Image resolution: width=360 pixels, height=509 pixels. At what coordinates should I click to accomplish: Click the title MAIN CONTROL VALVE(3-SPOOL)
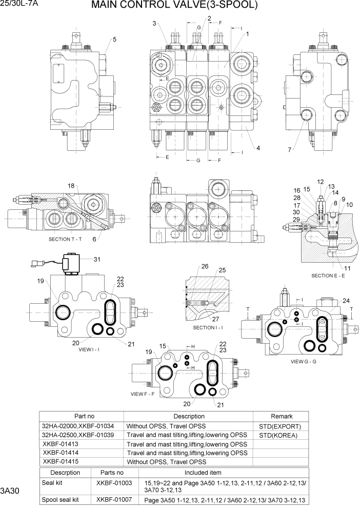(x=174, y=6)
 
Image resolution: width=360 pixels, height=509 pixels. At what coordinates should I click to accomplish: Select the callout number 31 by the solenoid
(x=96, y=259)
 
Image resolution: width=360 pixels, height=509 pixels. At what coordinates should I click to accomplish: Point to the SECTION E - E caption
(x=329, y=276)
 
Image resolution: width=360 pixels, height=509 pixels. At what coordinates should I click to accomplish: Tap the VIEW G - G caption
(x=304, y=361)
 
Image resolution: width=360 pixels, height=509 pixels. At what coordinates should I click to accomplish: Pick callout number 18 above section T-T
(x=71, y=185)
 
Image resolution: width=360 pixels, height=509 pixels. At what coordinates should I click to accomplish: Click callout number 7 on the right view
(x=290, y=149)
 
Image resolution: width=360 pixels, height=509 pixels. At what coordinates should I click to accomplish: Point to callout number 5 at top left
(x=114, y=39)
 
